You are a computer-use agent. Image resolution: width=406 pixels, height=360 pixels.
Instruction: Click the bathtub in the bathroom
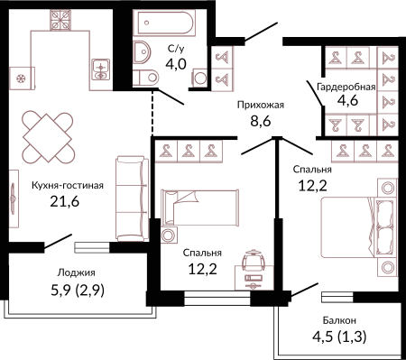[166, 23]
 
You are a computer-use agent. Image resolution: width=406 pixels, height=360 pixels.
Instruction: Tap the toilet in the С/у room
[145, 78]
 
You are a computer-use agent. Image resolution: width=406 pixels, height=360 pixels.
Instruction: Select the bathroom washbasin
[141, 52]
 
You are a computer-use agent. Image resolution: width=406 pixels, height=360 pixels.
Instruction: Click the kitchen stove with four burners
[60, 20]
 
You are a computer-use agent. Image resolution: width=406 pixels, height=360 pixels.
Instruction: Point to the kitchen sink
[101, 69]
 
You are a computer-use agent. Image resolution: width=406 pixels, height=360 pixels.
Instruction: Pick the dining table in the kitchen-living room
[48, 137]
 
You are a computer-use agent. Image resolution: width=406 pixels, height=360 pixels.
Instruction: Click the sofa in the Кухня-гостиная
[133, 198]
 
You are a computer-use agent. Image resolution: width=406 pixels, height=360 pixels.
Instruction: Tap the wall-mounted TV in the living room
[14, 198]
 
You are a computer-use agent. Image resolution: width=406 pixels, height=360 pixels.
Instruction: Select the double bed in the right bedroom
[359, 227]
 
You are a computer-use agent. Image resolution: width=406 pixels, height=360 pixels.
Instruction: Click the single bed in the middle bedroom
[199, 208]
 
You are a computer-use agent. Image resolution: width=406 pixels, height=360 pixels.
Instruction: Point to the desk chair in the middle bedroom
[254, 260]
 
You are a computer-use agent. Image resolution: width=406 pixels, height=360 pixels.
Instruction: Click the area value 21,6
[65, 201]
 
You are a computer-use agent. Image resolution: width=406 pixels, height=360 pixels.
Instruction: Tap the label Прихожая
[261, 105]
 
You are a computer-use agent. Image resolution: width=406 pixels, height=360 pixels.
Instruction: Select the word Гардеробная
[346, 87]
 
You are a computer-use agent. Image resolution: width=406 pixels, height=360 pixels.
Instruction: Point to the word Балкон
[339, 320]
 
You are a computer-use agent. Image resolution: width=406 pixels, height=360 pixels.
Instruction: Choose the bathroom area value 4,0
[176, 64]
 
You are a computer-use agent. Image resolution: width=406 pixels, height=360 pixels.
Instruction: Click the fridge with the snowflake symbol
[22, 78]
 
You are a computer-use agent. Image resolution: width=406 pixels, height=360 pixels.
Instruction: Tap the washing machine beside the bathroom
[199, 78]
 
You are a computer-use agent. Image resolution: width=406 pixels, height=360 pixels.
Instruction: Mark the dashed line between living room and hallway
[152, 112]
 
